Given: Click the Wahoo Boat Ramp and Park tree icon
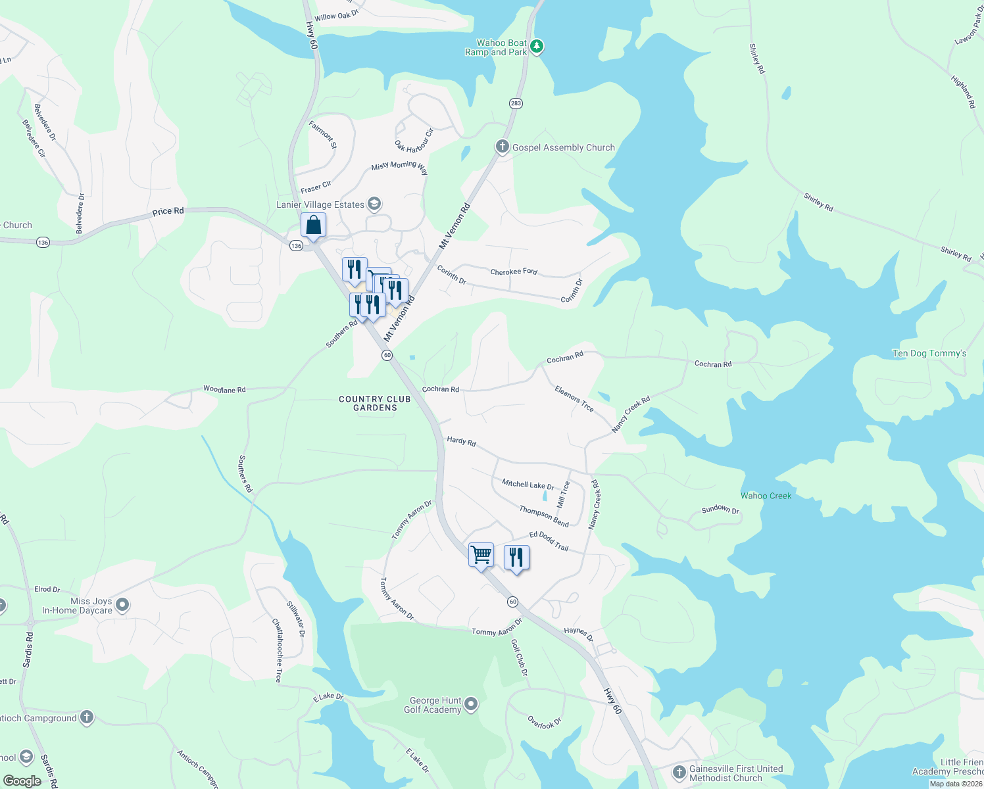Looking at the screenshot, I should (537, 47).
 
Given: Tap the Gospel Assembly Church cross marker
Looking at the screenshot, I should (503, 147).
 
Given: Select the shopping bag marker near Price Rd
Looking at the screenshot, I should (314, 225).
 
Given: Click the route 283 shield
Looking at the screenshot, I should (516, 103).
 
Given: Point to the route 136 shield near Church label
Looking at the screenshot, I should (43, 243).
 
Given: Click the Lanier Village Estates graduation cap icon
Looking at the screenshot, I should (374, 204).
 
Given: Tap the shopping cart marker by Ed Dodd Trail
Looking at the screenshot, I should (481, 555).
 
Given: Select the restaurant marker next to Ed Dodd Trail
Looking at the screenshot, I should (516, 558).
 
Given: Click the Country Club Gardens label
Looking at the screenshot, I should (375, 403).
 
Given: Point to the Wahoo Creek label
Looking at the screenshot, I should (766, 496).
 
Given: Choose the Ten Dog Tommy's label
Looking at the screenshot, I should (929, 354).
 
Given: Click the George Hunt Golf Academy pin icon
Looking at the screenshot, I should (471, 705).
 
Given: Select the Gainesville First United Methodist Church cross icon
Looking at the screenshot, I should (679, 773).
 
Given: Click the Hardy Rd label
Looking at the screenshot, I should (461, 441).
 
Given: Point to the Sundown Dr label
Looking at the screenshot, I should (720, 510).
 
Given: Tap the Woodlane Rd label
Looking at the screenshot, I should (224, 390).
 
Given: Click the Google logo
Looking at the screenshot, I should (22, 780).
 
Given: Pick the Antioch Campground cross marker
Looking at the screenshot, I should (87, 718).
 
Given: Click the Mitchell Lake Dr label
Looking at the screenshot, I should (528, 485).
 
